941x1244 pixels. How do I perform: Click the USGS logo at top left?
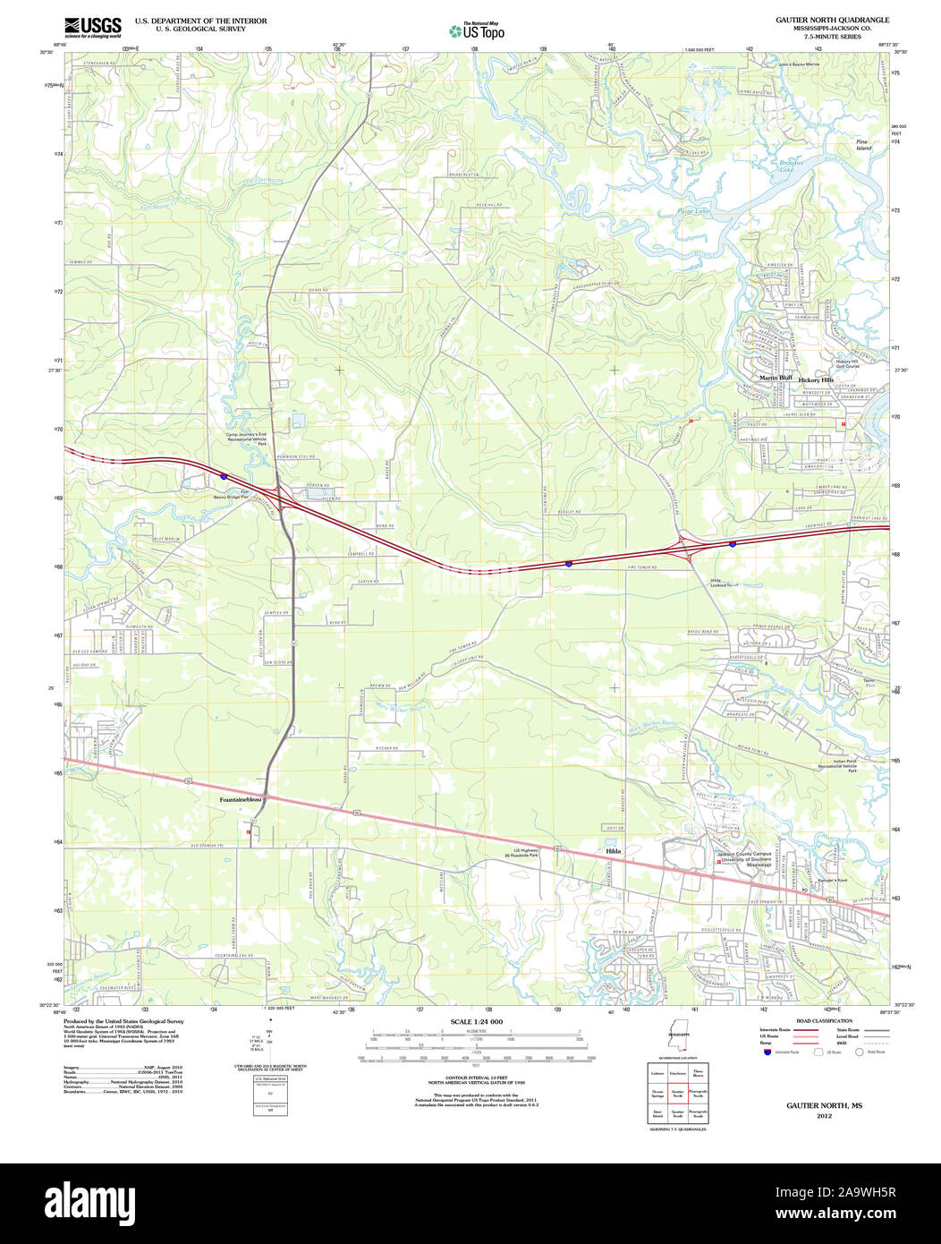point(93,27)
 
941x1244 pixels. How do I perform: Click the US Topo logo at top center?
point(477,30)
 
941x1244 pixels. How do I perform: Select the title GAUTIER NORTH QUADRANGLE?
point(832,19)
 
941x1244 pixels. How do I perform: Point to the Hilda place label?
point(613,850)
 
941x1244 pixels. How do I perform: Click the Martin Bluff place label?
point(776,378)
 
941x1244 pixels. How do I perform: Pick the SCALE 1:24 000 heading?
point(477,1022)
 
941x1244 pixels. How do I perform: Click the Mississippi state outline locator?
point(676,1038)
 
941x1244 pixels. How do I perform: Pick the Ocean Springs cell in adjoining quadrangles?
point(657,1093)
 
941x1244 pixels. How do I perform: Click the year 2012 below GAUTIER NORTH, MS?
point(824,1116)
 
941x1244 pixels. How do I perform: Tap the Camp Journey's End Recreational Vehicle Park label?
point(247,439)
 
